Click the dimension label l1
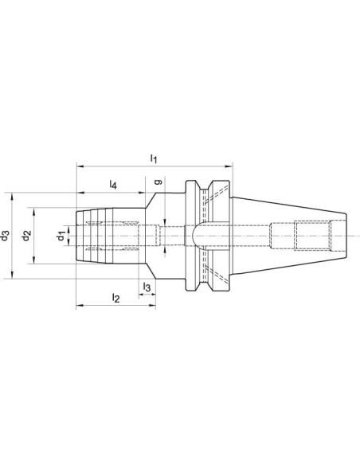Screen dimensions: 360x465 (154, 159)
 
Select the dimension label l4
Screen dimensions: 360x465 (113, 185)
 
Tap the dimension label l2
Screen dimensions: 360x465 (115, 298)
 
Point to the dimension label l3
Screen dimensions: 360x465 (147, 287)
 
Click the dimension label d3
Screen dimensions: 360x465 (5, 236)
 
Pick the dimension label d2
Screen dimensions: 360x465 (27, 236)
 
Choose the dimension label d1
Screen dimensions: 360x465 (61, 236)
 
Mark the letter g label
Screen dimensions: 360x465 (158, 182)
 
